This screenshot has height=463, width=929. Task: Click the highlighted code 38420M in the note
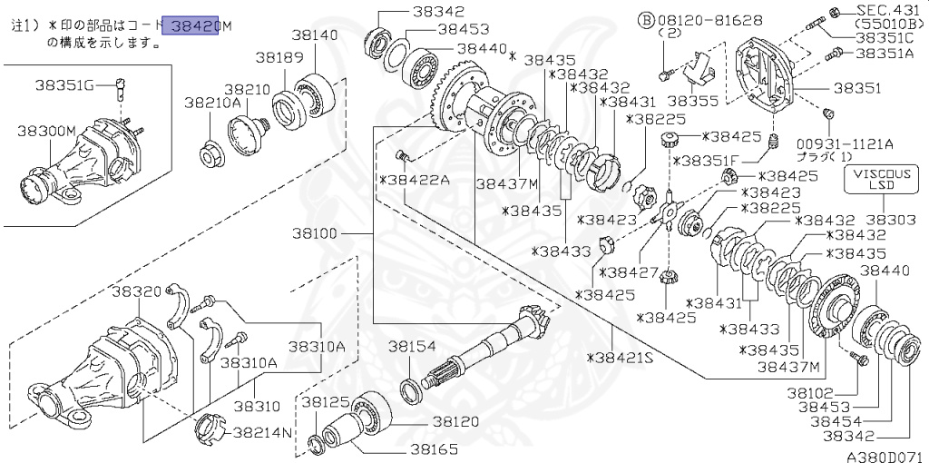(x=196, y=27)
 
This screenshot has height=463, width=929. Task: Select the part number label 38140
(x=315, y=35)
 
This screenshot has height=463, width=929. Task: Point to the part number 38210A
(x=213, y=103)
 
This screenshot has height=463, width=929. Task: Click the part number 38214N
(x=262, y=432)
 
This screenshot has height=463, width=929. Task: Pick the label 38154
(x=413, y=347)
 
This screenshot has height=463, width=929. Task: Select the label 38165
(x=434, y=448)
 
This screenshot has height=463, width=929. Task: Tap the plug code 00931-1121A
(x=846, y=143)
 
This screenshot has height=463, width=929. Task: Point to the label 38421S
(x=620, y=358)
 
